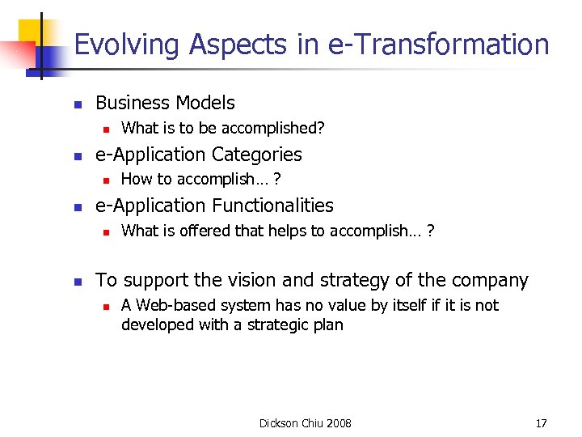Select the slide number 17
click(541, 423)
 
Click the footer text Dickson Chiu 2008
click(305, 423)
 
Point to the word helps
click(288, 231)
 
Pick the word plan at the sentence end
click(328, 325)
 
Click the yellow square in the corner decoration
click(32, 31)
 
